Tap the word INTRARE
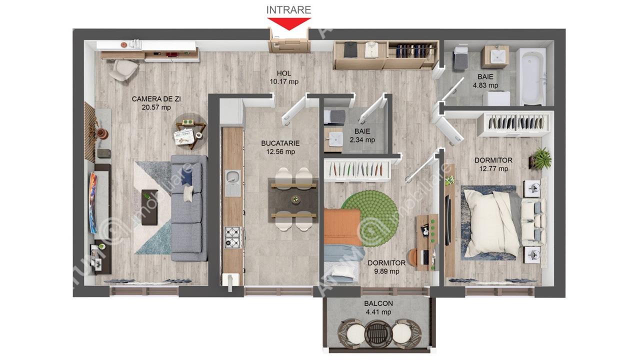coord(288,10)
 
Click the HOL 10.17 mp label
coord(284,77)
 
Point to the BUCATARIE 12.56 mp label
coord(280,147)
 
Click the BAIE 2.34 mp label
coord(362,135)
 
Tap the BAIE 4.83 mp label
coord(485,81)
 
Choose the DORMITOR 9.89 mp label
coord(386,267)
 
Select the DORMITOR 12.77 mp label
coord(493,164)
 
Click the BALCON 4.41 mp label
coord(378,307)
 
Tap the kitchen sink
coord(232,183)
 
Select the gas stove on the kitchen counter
coord(233,237)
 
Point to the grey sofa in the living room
coord(189,208)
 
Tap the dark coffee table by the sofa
coord(149,207)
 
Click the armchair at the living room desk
coord(123,70)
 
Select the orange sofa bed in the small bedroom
coord(342,226)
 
